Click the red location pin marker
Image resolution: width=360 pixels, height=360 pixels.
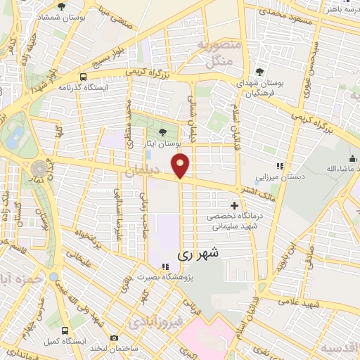click(181, 165)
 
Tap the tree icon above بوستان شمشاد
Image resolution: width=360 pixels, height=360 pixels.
click(62, 6)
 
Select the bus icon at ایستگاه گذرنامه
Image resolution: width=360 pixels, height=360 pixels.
click(84, 77)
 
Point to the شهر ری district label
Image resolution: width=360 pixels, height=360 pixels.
click(198, 253)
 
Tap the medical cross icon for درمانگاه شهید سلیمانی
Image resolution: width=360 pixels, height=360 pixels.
click(234, 205)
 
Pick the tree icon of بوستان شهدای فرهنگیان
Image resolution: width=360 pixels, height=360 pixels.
click(259, 72)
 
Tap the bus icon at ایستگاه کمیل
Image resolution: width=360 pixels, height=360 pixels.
click(65, 330)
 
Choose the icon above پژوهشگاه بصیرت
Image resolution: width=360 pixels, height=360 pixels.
click(165, 266)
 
